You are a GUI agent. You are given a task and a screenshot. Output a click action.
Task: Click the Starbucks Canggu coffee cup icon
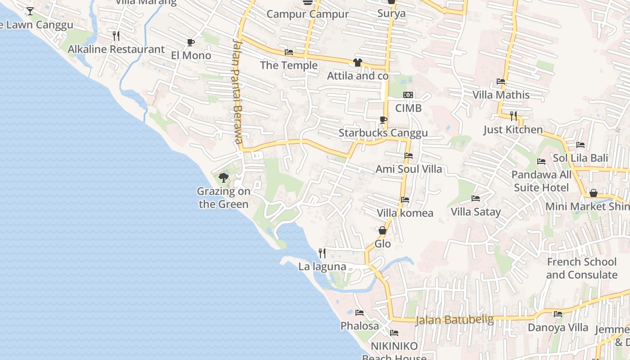383,120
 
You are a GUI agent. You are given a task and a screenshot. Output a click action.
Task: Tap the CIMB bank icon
408,95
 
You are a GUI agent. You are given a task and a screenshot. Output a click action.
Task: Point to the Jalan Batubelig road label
454,320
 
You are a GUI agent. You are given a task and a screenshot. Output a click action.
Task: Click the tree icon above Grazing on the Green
223,178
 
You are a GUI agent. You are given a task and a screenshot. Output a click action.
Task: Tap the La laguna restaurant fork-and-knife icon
322,253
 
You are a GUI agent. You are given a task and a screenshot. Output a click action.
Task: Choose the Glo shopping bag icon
382,230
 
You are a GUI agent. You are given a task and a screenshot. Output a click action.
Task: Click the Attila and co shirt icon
358,63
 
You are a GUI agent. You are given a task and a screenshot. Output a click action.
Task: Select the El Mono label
191,55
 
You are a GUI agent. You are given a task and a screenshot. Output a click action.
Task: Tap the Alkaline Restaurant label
116,49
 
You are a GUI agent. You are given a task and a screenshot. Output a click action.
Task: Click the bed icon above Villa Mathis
501,82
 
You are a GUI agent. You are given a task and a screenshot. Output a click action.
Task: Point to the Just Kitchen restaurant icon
513,116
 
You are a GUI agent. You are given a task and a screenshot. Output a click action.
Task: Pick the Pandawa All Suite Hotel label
541,181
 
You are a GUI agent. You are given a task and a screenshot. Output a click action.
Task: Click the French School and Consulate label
581,268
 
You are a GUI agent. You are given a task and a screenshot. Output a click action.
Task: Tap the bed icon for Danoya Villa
558,314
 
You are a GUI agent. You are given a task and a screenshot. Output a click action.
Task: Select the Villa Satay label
476,211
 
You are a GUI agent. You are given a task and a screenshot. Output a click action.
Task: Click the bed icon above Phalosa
359,312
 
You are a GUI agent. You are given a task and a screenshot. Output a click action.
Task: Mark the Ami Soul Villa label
409,169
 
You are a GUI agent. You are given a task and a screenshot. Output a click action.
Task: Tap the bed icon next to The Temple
289,53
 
